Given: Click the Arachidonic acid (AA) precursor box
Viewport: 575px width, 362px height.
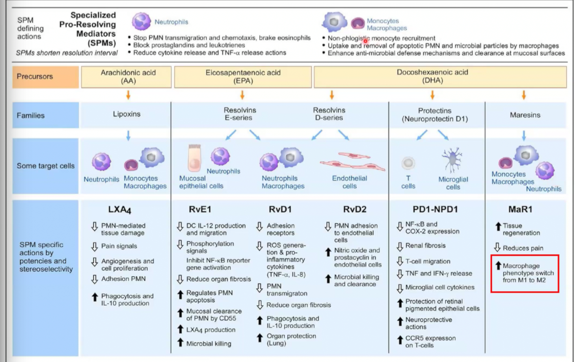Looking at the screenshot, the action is (x=126, y=77).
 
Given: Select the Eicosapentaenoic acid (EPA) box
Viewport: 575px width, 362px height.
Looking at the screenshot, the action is (x=243, y=77).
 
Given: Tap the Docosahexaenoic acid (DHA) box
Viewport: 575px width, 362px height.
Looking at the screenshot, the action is (x=440, y=77).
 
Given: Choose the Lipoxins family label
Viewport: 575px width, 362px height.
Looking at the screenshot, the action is (x=127, y=114).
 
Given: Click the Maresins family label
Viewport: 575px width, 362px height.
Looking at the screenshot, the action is (x=525, y=115).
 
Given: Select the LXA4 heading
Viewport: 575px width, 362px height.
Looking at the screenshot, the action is (x=120, y=209).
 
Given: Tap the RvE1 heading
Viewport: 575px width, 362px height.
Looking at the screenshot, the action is (x=200, y=209).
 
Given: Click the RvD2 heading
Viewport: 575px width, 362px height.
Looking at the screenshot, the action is (x=354, y=209).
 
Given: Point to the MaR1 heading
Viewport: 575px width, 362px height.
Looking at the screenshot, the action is (x=520, y=209).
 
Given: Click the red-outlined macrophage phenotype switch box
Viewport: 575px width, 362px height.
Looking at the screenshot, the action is (x=525, y=273).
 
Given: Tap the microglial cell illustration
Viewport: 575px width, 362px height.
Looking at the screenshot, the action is (x=452, y=160).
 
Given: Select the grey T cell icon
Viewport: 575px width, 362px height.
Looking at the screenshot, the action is (x=408, y=163).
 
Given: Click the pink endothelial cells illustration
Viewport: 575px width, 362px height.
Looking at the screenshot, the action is (x=352, y=162).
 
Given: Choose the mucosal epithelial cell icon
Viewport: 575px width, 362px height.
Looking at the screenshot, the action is (x=194, y=158).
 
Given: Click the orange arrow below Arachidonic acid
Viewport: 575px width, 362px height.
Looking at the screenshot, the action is (x=128, y=95).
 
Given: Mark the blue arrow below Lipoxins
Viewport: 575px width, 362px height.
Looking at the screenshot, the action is (x=128, y=136).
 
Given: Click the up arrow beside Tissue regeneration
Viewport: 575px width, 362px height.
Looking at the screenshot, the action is (x=498, y=226).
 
